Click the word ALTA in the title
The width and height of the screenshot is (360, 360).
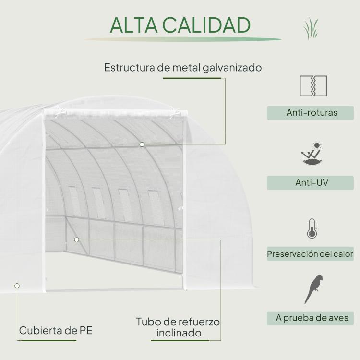(134, 25)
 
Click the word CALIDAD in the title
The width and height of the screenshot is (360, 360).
(206, 25)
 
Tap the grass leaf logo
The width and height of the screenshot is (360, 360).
(311, 28)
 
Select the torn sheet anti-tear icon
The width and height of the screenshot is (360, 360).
(313, 86)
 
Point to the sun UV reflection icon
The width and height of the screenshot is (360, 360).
(312, 154)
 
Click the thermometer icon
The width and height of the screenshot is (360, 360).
(312, 228)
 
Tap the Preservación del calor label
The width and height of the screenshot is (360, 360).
(310, 254)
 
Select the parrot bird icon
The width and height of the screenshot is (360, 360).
(313, 289)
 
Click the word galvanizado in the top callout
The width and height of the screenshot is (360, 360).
(232, 68)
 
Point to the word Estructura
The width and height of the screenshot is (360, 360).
(130, 68)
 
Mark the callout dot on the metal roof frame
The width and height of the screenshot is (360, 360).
(142, 144)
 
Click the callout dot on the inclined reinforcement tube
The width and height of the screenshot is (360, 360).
(77, 240)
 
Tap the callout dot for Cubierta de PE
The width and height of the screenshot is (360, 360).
(17, 286)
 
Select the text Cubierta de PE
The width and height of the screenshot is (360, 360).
(56, 331)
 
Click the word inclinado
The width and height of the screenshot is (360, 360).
(179, 333)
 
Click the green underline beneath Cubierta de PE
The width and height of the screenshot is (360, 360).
(49, 340)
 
